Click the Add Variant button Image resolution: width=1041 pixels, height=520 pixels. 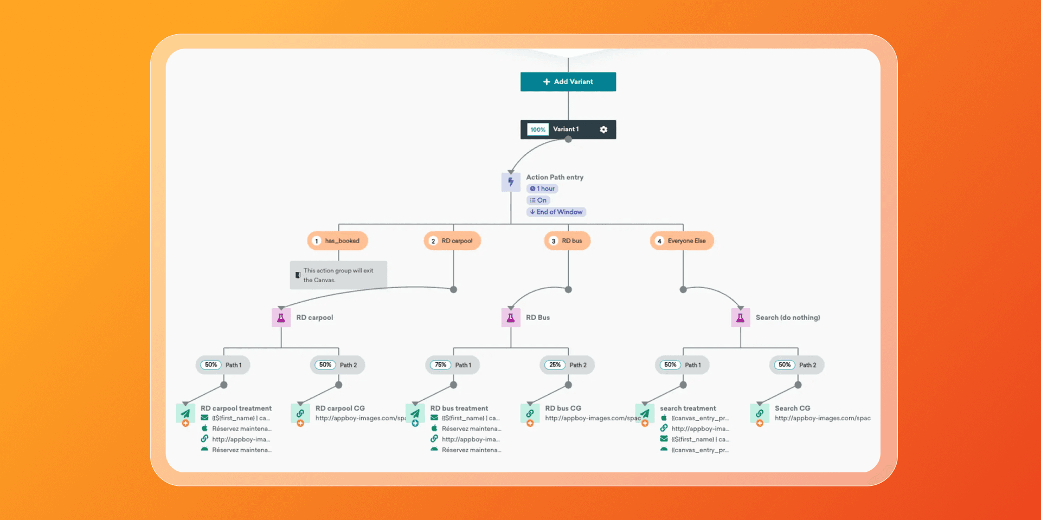click(x=568, y=82)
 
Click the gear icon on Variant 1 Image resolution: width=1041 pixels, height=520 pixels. click(x=603, y=129)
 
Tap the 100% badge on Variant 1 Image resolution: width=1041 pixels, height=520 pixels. click(x=538, y=129)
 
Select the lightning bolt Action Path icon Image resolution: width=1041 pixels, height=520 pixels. click(x=511, y=182)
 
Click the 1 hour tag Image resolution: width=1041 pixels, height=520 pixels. click(x=542, y=188)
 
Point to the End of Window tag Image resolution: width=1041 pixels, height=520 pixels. click(x=556, y=212)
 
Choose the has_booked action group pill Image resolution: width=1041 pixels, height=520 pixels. click(x=337, y=240)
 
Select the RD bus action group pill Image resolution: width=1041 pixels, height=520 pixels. click(x=567, y=240)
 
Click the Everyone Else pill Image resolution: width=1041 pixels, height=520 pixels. click(x=682, y=240)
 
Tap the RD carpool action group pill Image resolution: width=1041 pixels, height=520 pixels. click(x=452, y=240)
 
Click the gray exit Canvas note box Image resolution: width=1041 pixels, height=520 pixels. click(x=338, y=275)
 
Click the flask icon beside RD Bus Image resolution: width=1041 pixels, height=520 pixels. click(x=511, y=317)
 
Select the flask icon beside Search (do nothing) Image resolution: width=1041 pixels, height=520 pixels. click(x=740, y=317)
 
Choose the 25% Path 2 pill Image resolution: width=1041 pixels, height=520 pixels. click(x=567, y=365)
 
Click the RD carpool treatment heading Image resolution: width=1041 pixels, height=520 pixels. click(x=236, y=408)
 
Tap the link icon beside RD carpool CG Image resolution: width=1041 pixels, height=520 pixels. click(x=300, y=413)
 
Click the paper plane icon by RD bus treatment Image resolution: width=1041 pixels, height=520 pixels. click(x=415, y=413)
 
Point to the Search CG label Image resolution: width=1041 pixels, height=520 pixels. click(x=792, y=408)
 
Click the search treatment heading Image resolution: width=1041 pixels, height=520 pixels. click(x=687, y=408)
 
